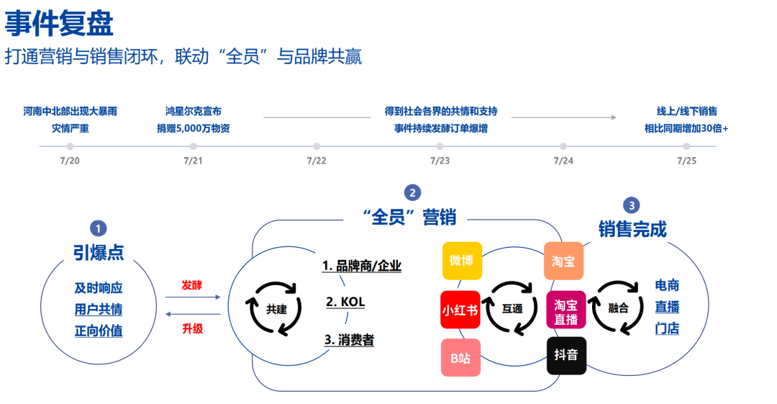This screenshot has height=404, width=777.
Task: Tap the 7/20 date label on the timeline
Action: (x=70, y=160)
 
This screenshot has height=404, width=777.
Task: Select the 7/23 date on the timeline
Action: (x=440, y=160)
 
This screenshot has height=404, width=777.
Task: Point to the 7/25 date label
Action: (x=686, y=160)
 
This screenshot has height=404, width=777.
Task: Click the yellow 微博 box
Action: (x=461, y=260)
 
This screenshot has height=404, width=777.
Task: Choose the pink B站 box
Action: (x=460, y=357)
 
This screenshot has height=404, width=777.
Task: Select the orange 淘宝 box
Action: (x=563, y=261)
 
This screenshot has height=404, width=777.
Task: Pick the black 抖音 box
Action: (x=566, y=356)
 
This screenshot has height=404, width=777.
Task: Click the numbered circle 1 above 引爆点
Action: (x=98, y=228)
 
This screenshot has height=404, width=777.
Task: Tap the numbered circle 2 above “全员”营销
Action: (x=412, y=192)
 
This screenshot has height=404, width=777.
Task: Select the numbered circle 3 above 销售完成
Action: (x=632, y=205)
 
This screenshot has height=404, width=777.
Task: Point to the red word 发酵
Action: (x=192, y=284)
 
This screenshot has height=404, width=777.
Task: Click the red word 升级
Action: (x=192, y=328)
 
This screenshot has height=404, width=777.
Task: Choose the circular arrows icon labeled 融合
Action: (x=618, y=308)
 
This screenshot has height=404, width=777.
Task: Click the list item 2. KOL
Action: (x=345, y=302)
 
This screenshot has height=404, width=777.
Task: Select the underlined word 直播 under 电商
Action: (x=667, y=307)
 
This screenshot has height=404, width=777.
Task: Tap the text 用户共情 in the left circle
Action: (x=99, y=310)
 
